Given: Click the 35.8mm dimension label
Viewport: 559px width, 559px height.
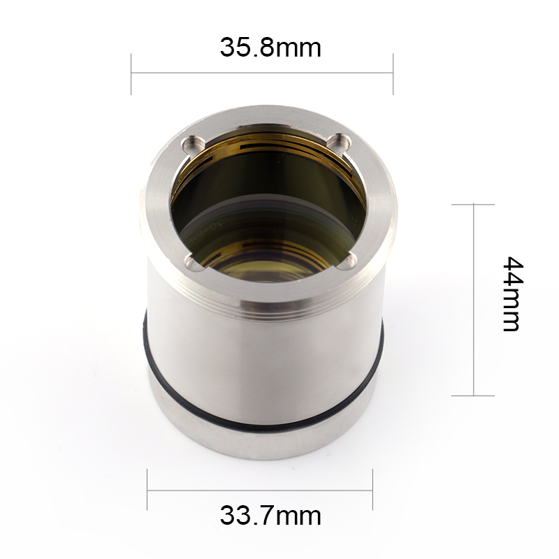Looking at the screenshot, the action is [270, 48].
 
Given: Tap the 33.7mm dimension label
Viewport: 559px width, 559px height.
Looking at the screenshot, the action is [270, 516].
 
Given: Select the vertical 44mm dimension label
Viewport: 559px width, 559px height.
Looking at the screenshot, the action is [512, 293].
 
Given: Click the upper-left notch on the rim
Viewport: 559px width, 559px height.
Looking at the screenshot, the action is [194, 144].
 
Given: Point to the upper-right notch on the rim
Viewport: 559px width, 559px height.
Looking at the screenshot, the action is [339, 141].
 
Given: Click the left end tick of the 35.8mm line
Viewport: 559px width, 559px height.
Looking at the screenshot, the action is [131, 74].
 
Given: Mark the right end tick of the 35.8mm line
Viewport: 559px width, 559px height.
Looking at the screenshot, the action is [393, 74].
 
